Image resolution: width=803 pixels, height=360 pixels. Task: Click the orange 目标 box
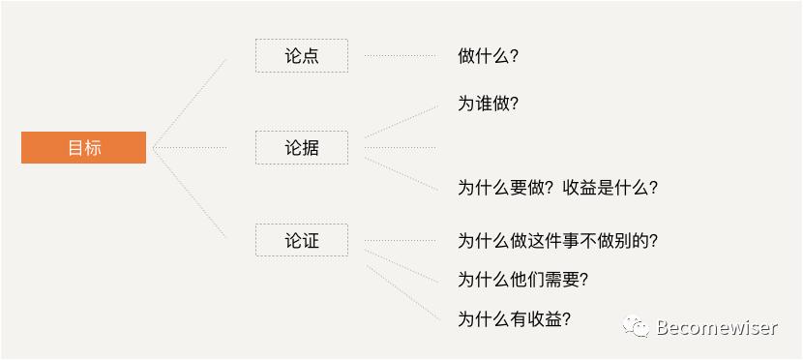point(83,148)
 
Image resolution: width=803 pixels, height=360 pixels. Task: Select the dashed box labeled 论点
point(301,56)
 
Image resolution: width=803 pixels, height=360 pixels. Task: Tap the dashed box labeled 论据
point(301,148)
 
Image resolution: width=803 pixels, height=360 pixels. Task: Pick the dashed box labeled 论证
point(301,240)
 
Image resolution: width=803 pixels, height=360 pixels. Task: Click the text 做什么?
point(488,56)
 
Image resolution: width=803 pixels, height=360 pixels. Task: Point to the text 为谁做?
point(488,104)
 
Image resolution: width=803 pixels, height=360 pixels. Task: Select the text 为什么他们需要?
point(523,280)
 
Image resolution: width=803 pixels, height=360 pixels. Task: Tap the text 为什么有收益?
point(514,318)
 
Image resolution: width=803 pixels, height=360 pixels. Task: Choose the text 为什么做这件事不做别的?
point(564,241)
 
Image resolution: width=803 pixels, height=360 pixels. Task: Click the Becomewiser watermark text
point(716,328)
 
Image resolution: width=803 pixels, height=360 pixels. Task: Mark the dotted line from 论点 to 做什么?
point(400,56)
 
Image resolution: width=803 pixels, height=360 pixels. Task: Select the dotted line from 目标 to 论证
point(190,193)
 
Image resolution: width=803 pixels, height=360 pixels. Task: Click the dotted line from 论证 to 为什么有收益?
point(401,290)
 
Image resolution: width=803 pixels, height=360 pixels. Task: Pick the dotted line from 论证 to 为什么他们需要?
point(400,266)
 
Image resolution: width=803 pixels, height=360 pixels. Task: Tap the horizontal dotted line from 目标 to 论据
point(190,148)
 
